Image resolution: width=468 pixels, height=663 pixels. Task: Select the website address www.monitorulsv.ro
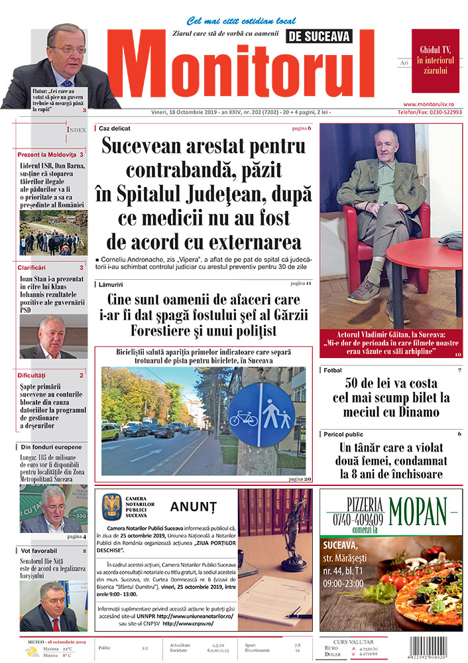point(432,104)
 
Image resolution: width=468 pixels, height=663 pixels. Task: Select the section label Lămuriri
point(113,284)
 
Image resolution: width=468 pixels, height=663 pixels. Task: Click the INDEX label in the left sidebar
point(76,130)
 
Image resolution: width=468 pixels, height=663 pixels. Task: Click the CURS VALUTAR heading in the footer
point(353,642)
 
